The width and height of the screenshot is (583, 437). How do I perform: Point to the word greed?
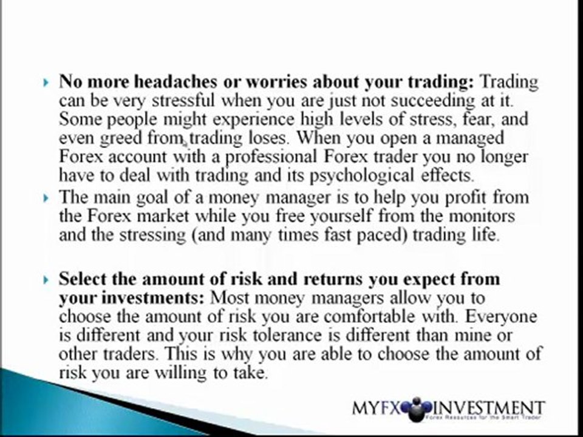pos(122,137)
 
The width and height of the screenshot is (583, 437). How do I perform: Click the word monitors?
pos(477,215)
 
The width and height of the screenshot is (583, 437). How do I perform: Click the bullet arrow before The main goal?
pos(47,197)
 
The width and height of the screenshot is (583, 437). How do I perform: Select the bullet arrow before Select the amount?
pos(47,280)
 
